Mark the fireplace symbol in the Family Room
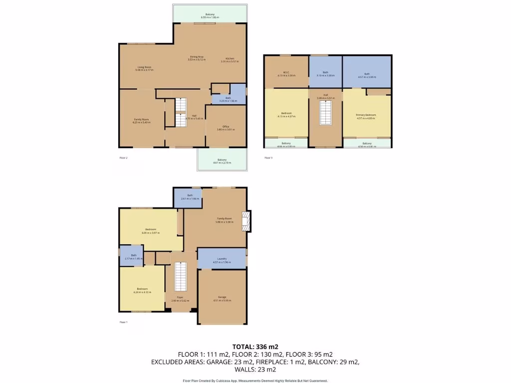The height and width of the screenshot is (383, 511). (245, 221)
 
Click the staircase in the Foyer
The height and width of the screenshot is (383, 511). (180, 277)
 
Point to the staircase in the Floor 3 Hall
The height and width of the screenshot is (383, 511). (325, 113)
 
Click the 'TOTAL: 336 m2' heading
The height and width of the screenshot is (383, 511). (255, 347)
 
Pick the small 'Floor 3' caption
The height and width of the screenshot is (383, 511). (268, 158)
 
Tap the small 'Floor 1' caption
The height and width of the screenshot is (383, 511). (123, 322)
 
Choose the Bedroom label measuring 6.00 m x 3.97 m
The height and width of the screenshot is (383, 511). (150, 231)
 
